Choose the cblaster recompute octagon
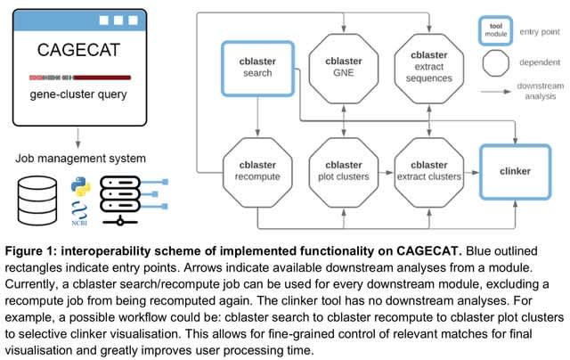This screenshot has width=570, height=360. point(256,169)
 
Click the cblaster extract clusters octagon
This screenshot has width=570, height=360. point(430,169)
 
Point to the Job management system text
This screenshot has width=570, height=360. point(75,160)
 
